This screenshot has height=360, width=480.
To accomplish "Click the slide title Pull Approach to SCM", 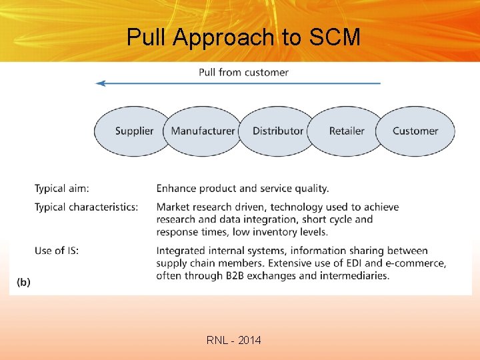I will click(x=243, y=37).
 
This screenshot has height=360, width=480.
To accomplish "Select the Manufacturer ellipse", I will click(x=203, y=131).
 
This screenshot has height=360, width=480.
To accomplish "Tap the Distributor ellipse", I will click(x=277, y=131).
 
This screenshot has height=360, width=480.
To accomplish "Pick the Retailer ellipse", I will click(x=347, y=131).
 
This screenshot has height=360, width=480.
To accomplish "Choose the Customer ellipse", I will click(x=415, y=131).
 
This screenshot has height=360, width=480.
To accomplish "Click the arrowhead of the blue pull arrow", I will click(x=101, y=83).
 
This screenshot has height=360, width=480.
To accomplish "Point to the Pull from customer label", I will click(x=243, y=72).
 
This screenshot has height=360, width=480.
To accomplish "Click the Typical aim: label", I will click(x=62, y=189).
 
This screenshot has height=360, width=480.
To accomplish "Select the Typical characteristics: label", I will click(x=87, y=207).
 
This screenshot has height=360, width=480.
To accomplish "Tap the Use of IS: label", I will click(x=57, y=251).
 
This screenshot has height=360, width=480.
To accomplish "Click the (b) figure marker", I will click(x=24, y=282).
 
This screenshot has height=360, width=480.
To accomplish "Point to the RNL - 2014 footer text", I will click(x=234, y=341).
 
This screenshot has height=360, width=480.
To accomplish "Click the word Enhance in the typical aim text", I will click(x=178, y=189).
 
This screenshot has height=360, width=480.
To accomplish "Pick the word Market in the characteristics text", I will click(x=173, y=207).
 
